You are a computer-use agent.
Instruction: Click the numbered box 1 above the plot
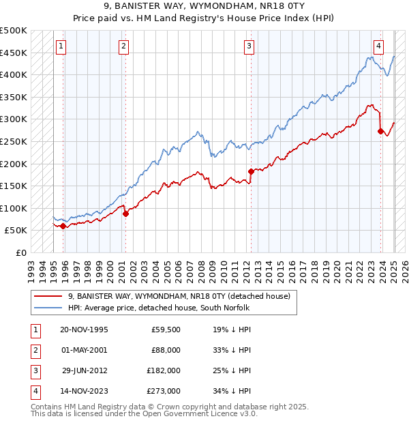pos(61,46)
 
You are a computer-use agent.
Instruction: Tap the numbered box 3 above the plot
pos(249,46)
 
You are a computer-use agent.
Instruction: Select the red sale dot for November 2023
pos(380,132)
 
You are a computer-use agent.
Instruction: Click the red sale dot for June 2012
pos(251,171)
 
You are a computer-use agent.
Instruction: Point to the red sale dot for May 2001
pos(125,214)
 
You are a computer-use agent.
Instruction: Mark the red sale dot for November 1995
pos(63,226)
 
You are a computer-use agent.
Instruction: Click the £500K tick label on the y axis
pos(14,31)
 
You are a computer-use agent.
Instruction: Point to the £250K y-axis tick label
pos(14,141)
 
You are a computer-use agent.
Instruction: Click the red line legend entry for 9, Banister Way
pos(180,296)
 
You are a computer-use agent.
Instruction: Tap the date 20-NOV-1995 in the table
pos(84,330)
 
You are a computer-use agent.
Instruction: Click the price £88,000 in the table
pos(166,350)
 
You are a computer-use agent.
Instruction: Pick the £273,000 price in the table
pos(164,391)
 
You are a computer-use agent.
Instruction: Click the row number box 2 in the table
pos(33,350)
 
